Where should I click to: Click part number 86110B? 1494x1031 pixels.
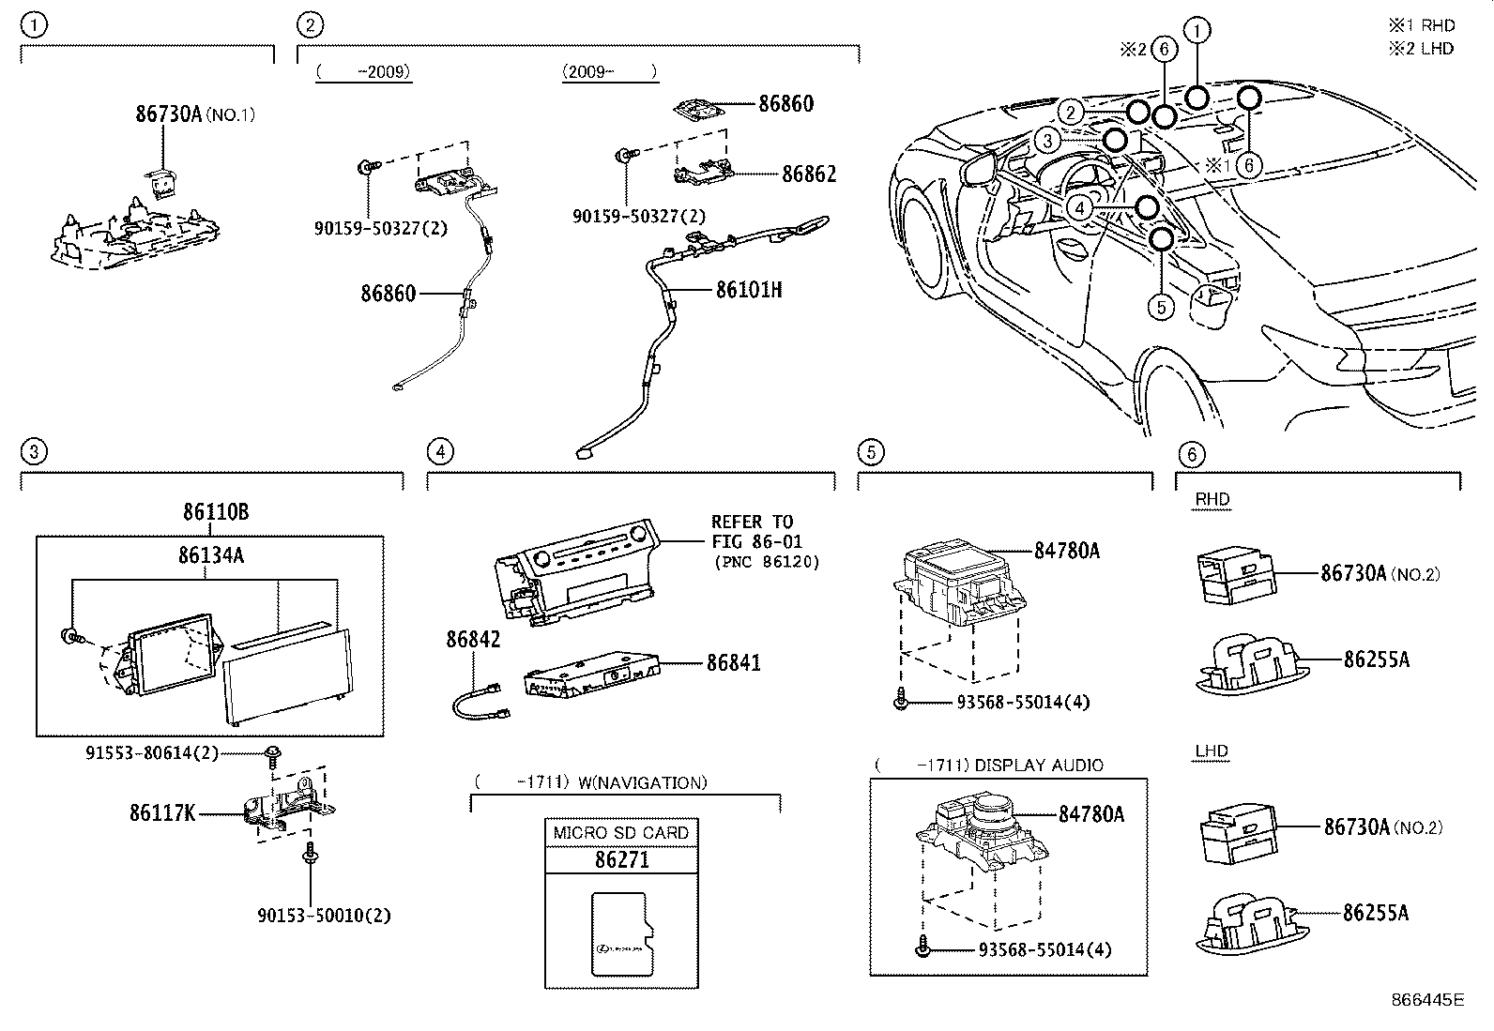click(216, 512)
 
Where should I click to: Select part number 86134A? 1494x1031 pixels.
click(211, 555)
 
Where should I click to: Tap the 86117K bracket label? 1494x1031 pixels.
click(162, 812)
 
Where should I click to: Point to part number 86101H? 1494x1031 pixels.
click(749, 290)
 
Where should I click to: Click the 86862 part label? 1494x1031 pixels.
click(809, 174)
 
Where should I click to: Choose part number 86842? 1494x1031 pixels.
click(473, 640)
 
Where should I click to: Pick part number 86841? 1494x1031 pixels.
click(734, 662)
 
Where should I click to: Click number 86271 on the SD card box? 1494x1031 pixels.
click(621, 859)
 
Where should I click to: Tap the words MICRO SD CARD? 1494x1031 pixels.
click(621, 833)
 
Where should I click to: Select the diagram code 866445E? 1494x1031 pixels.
click(1428, 1000)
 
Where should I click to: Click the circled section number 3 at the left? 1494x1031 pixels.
click(33, 452)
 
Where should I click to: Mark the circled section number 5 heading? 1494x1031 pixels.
click(871, 452)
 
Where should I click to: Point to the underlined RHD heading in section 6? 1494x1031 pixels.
click(1212, 500)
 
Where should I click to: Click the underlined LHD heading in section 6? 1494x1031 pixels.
click(1212, 751)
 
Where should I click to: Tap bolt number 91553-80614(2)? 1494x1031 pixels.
click(151, 751)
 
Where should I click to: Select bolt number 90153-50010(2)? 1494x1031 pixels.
click(324, 915)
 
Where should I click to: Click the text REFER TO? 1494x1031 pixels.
click(752, 522)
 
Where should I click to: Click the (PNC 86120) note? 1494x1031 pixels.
click(767, 562)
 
